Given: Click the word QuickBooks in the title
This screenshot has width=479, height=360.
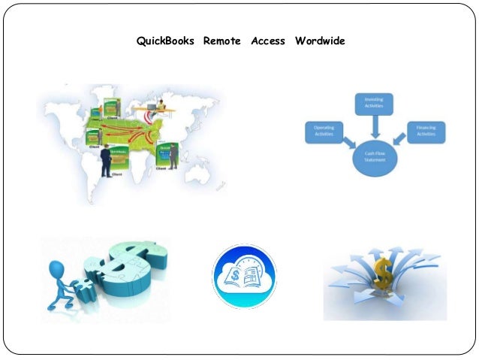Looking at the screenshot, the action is [165, 41].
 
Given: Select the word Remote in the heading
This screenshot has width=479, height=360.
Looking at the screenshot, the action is [221, 41].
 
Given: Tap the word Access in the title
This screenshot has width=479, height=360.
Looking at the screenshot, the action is [268, 41].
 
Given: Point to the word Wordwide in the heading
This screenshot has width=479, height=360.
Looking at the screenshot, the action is [320, 41].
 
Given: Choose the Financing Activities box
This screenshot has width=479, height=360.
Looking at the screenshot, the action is [426, 133].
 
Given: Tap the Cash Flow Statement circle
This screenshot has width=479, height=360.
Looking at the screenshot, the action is [373, 159].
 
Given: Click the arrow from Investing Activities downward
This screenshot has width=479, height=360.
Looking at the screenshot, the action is [374, 126].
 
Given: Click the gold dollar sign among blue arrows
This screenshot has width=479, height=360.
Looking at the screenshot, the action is [384, 276].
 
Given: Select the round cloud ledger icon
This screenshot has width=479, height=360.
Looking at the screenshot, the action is [244, 276].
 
